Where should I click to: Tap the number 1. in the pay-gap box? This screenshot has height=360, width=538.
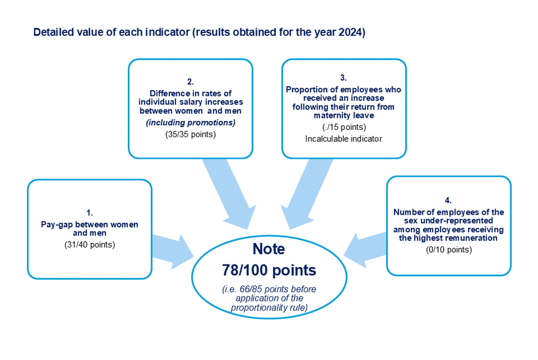89,213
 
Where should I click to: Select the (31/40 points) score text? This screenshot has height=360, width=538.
89,244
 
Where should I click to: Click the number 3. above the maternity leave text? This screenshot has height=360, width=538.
343,78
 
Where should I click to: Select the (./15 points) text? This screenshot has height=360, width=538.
344,127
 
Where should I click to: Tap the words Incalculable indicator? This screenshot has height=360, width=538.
344,139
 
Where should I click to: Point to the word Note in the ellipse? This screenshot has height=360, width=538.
268,249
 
